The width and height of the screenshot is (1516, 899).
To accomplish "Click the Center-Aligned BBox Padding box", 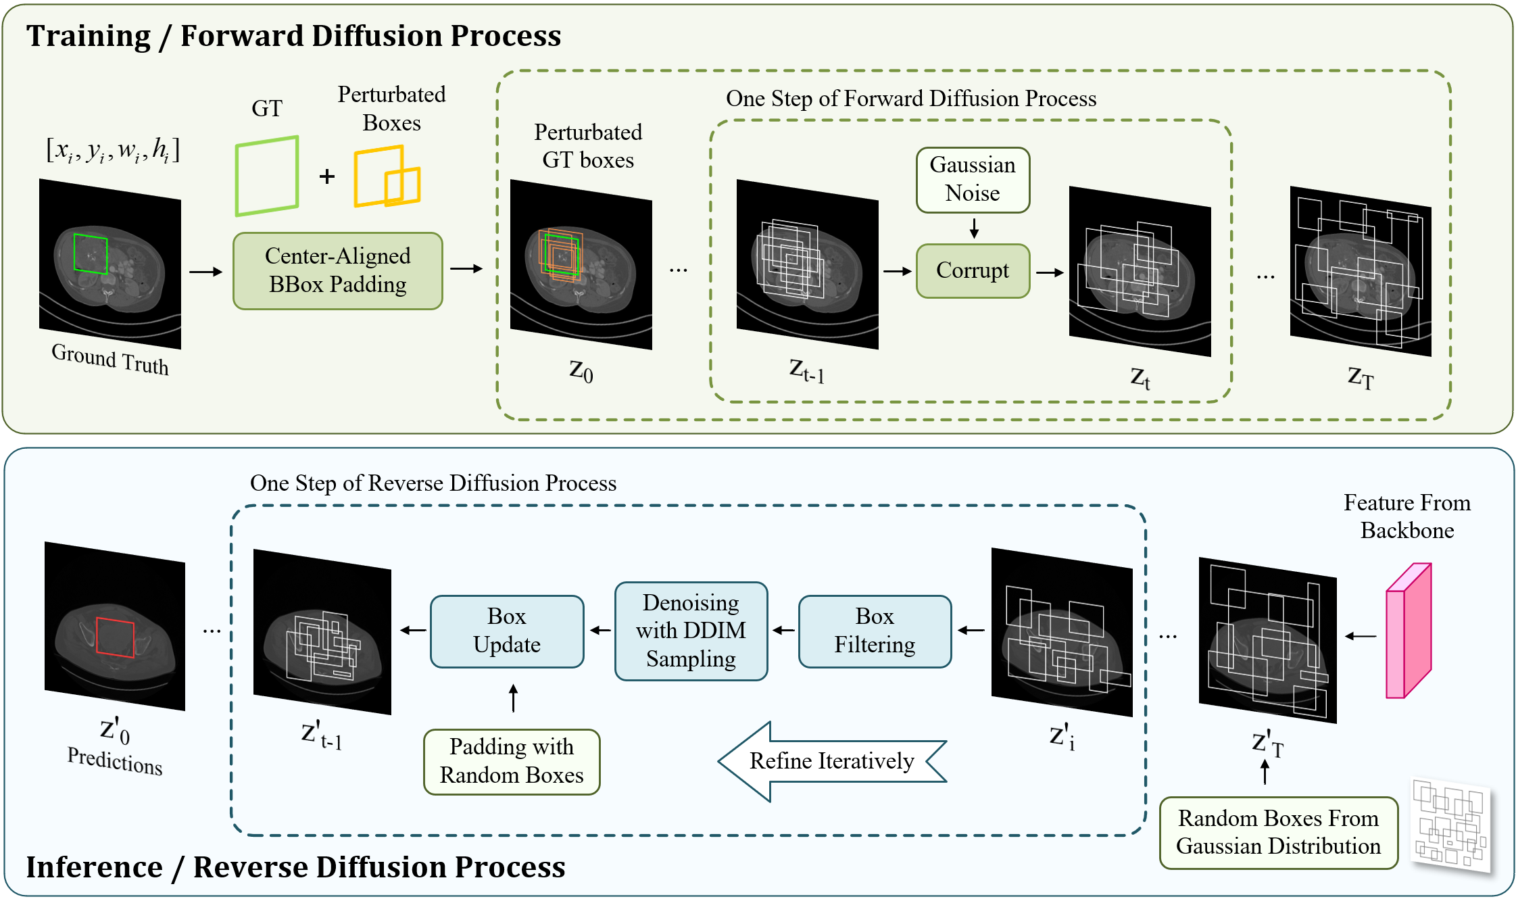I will click(x=337, y=270).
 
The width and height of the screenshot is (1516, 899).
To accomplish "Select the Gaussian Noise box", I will click(x=973, y=180).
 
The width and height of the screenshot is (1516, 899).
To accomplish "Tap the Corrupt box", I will click(x=973, y=270).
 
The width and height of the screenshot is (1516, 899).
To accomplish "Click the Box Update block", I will click(x=507, y=631).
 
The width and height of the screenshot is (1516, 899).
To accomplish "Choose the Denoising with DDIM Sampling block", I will click(x=691, y=631).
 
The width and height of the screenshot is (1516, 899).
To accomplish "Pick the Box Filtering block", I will click(x=875, y=631).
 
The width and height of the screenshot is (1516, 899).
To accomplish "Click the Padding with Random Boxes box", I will click(x=512, y=761).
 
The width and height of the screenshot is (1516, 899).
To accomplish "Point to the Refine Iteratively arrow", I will click(x=831, y=761).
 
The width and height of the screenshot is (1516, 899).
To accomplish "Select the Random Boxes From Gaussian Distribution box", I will click(x=1278, y=832).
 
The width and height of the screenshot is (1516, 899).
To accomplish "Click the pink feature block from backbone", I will click(x=1408, y=631).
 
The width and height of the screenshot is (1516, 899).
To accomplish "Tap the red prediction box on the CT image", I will click(x=115, y=637).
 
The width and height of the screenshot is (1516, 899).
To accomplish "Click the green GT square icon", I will click(x=267, y=176).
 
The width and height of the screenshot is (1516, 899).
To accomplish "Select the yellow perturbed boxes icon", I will click(x=387, y=176).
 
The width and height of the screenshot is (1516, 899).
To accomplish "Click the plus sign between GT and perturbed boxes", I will click(x=327, y=176).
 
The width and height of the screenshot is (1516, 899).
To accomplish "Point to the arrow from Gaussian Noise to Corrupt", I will click(x=974, y=228).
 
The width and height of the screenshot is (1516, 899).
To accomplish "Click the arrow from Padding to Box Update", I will click(x=514, y=698).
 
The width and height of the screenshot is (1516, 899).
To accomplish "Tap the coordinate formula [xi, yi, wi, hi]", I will click(x=113, y=150).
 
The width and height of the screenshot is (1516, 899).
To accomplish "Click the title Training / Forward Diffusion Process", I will click(x=293, y=36).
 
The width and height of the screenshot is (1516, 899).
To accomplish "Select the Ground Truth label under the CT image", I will click(x=110, y=359).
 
